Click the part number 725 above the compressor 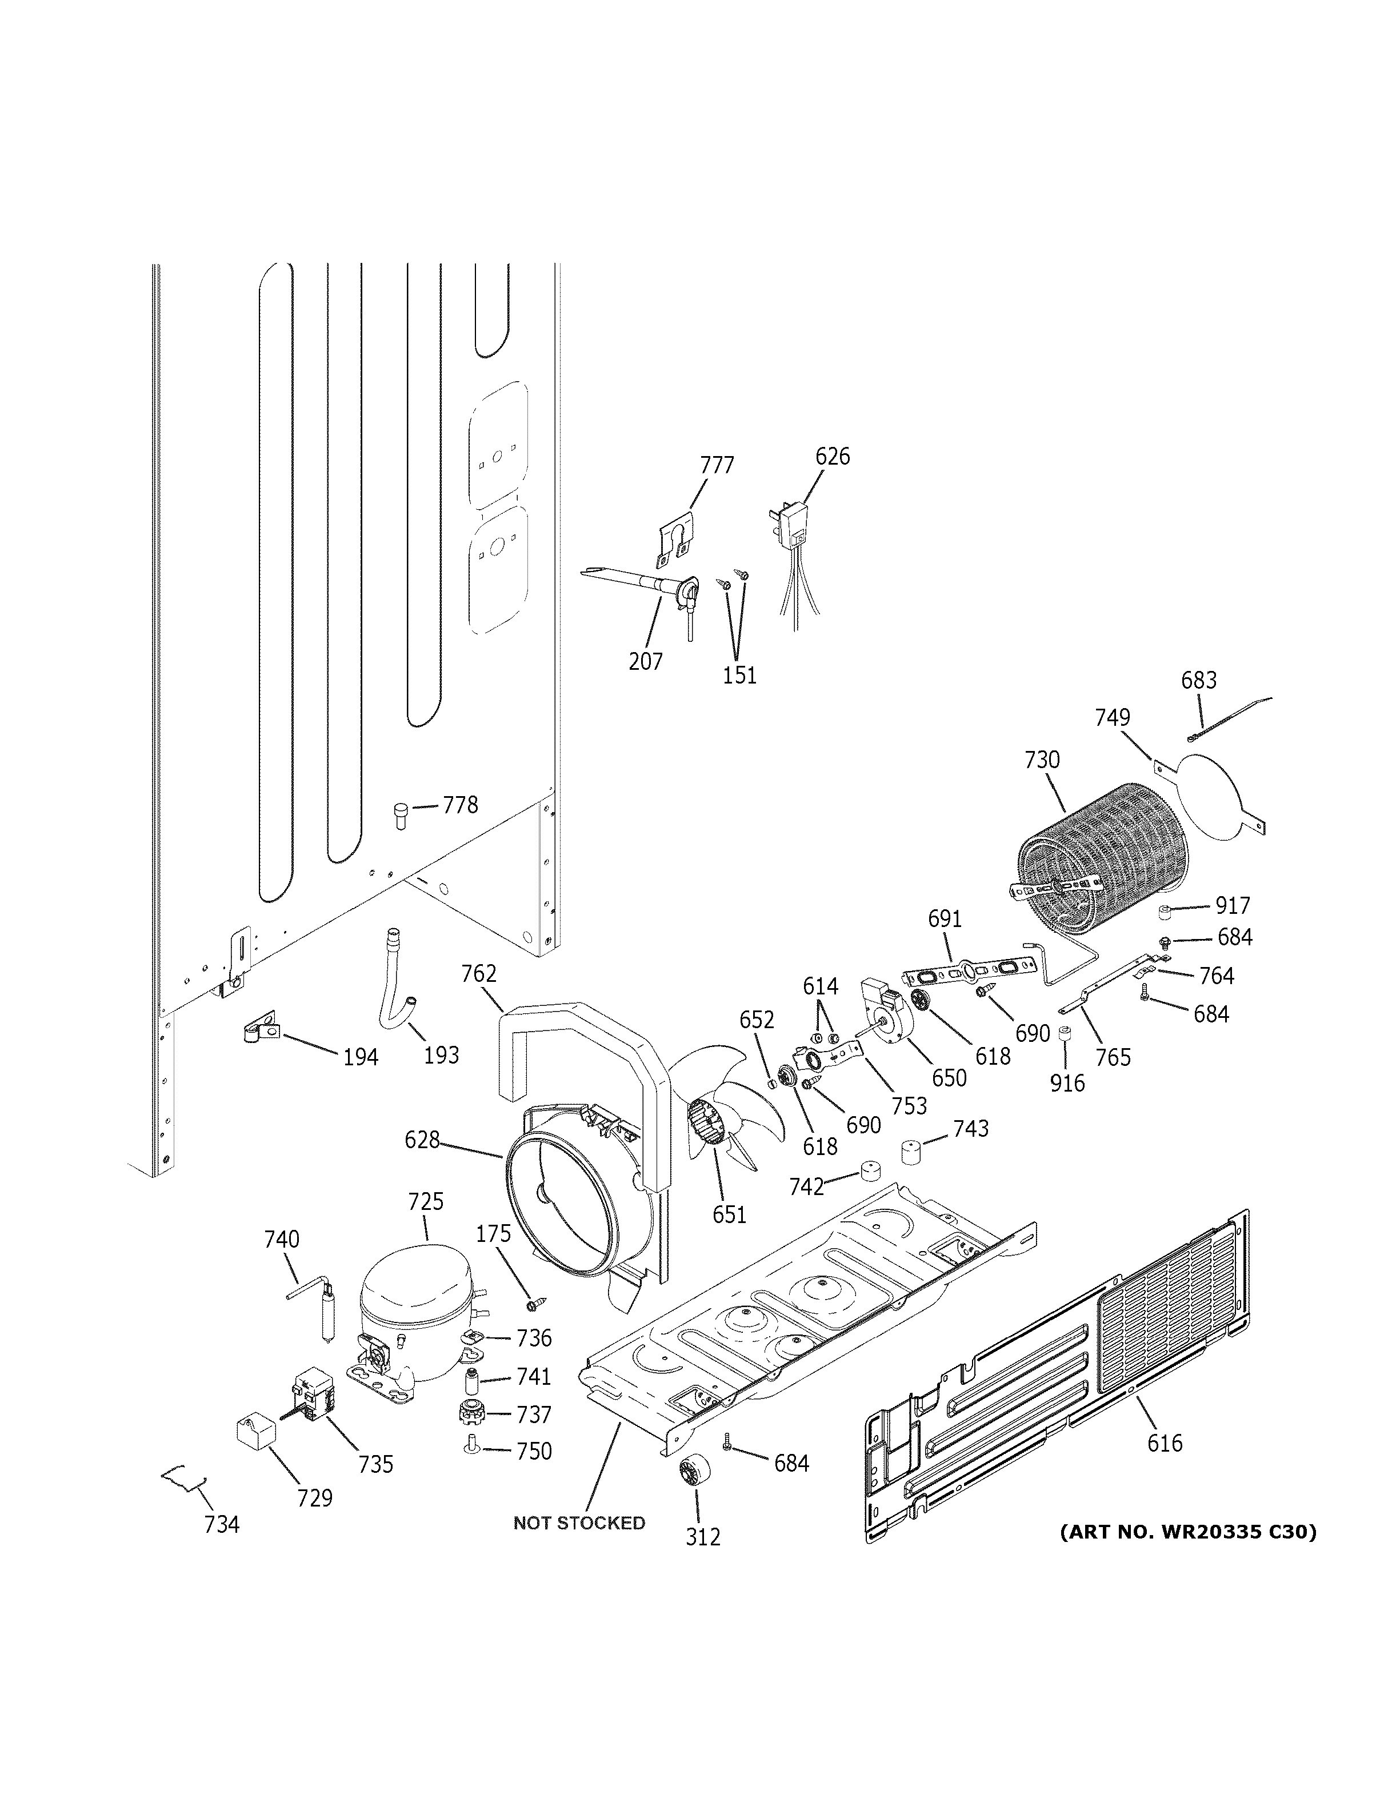426,1202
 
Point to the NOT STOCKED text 579,1523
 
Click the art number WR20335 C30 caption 1188,1532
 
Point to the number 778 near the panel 460,805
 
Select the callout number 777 717,466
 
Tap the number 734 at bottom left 222,1524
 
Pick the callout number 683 1199,681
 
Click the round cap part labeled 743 912,1153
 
